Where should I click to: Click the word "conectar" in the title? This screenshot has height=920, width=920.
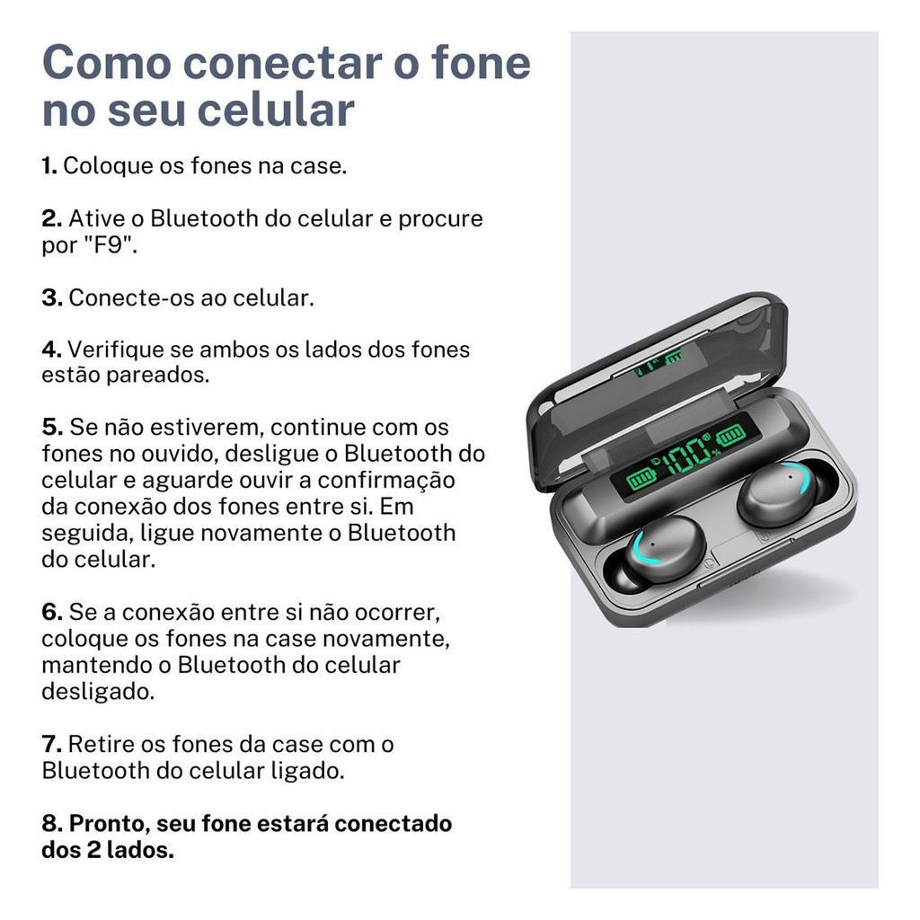tap(282, 63)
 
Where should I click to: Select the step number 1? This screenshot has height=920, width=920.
tap(49, 166)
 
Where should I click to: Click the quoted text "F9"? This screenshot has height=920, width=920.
tap(110, 244)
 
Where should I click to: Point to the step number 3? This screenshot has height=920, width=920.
tap(52, 298)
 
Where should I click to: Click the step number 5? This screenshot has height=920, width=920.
tap(52, 428)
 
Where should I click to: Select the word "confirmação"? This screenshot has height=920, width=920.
tap(386, 482)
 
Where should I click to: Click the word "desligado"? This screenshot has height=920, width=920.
tap(97, 692)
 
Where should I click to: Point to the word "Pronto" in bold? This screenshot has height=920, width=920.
tap(110, 825)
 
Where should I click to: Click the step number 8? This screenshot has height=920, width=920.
tap(52, 824)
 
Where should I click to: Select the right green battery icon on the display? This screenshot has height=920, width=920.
tap(730, 436)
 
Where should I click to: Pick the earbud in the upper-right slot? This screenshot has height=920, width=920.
tap(781, 493)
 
